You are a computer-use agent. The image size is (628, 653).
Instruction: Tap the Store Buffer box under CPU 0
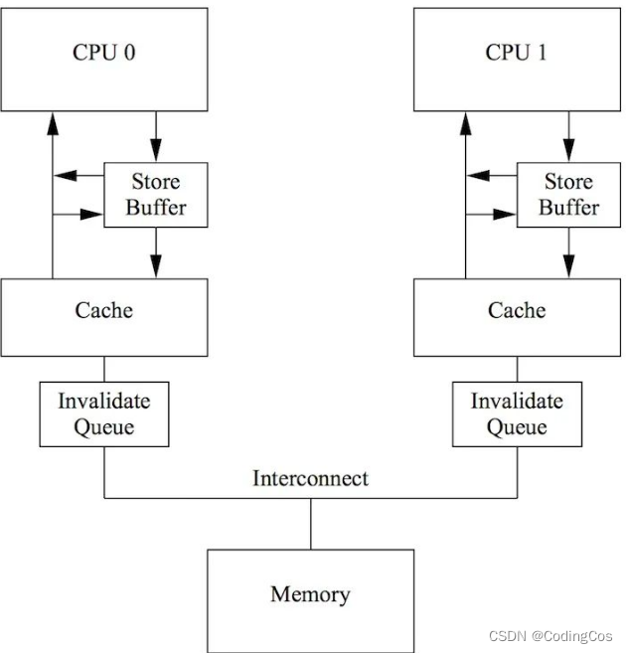coord(156,195)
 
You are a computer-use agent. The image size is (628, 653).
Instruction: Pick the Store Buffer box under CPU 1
coord(568,195)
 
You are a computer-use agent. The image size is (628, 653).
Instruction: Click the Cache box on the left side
coord(104,316)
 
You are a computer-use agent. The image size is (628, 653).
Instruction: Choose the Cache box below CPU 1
coord(517,316)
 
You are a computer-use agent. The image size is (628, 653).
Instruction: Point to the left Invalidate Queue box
coord(104,413)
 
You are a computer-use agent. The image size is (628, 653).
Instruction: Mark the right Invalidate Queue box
coord(517,413)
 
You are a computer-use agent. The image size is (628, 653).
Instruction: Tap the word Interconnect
coord(310,478)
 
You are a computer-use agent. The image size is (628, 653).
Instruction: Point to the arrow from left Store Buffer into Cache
coord(156,252)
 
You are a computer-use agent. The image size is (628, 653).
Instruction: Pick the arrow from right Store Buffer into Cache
coord(568,252)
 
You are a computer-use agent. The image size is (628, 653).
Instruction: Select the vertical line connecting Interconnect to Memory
coord(310,523)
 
